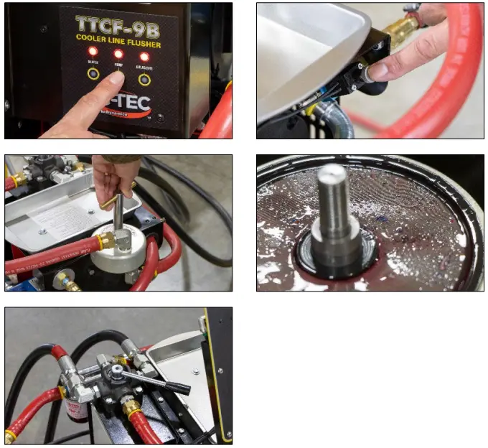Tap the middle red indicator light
(x=118, y=53)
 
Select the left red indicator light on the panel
(x=93, y=52)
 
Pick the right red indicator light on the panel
(x=144, y=56)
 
